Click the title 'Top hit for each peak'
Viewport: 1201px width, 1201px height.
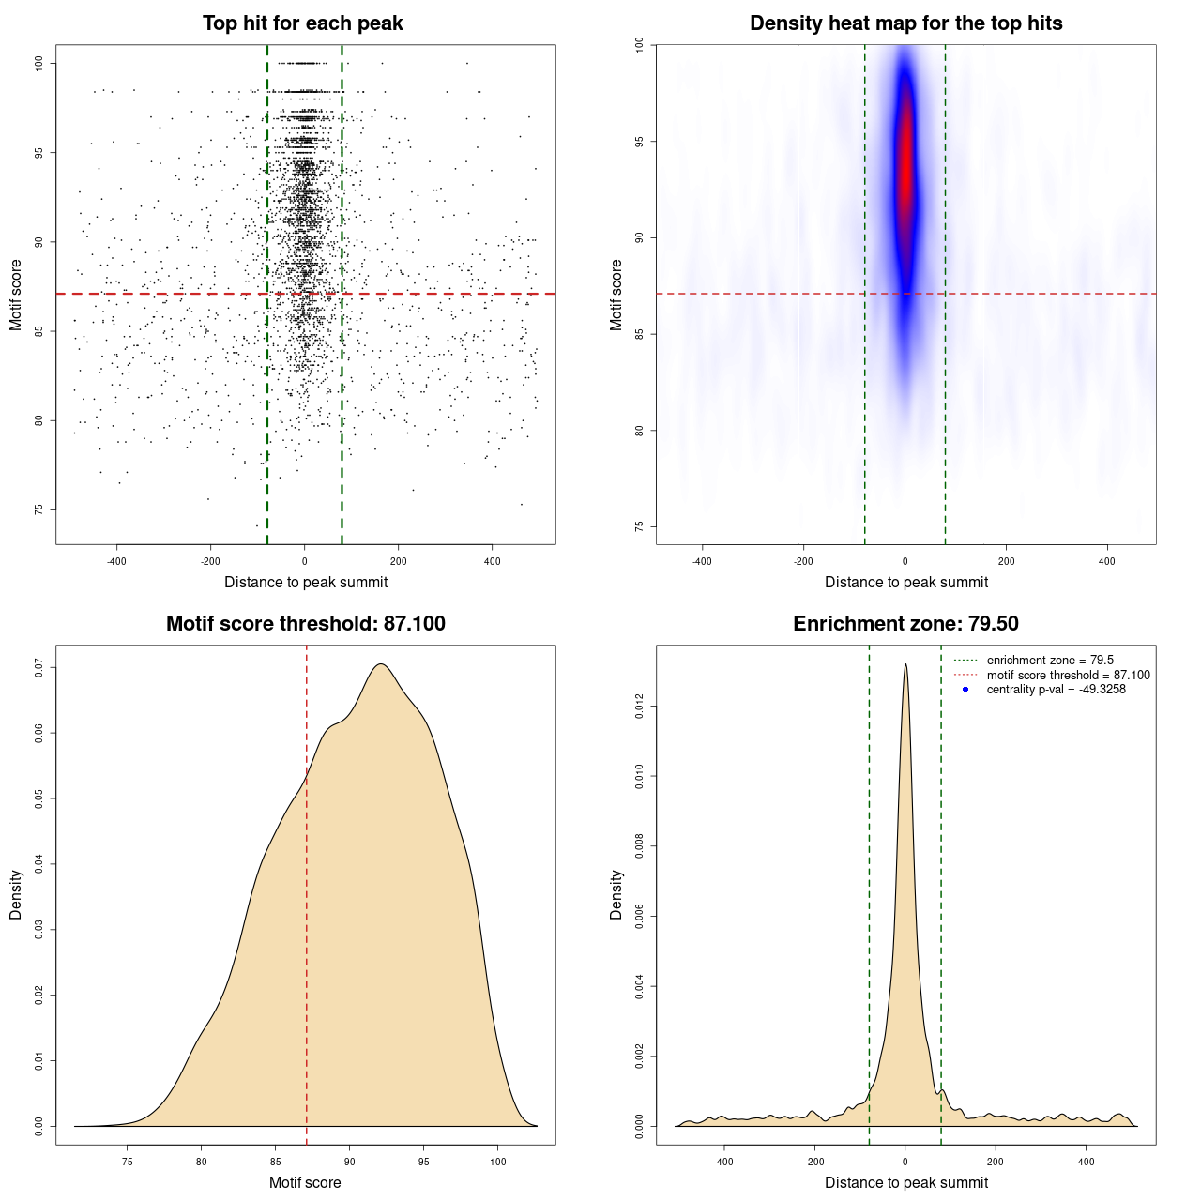[x=302, y=23]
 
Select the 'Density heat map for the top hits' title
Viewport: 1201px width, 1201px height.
[x=905, y=23]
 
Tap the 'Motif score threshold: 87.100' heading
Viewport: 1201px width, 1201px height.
[x=305, y=624]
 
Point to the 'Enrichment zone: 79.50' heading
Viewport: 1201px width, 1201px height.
[x=905, y=624]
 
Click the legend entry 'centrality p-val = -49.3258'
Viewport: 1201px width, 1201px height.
[x=1056, y=690]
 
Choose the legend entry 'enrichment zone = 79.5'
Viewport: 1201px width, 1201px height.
[x=1050, y=661]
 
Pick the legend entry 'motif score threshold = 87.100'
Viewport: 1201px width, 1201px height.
[x=1068, y=676]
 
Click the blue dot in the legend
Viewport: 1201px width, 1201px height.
[x=965, y=690]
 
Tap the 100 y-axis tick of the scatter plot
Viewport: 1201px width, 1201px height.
[x=39, y=63]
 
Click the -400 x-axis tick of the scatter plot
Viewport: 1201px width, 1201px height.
[x=117, y=562]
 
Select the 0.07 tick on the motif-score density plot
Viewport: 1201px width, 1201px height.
[x=39, y=667]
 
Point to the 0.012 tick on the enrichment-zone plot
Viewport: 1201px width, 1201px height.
[x=640, y=706]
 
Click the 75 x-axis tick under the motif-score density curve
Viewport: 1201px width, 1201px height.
[x=128, y=1162]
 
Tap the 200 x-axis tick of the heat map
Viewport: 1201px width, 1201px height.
[x=1006, y=562]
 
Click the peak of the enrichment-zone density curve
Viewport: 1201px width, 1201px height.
[x=905, y=664]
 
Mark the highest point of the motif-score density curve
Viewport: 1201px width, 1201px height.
[x=381, y=664]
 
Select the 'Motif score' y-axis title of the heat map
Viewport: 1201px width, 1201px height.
[x=616, y=295]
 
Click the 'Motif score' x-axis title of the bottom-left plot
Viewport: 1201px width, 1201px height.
[x=305, y=1182]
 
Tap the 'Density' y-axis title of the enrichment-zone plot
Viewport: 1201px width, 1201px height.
[x=616, y=894]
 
